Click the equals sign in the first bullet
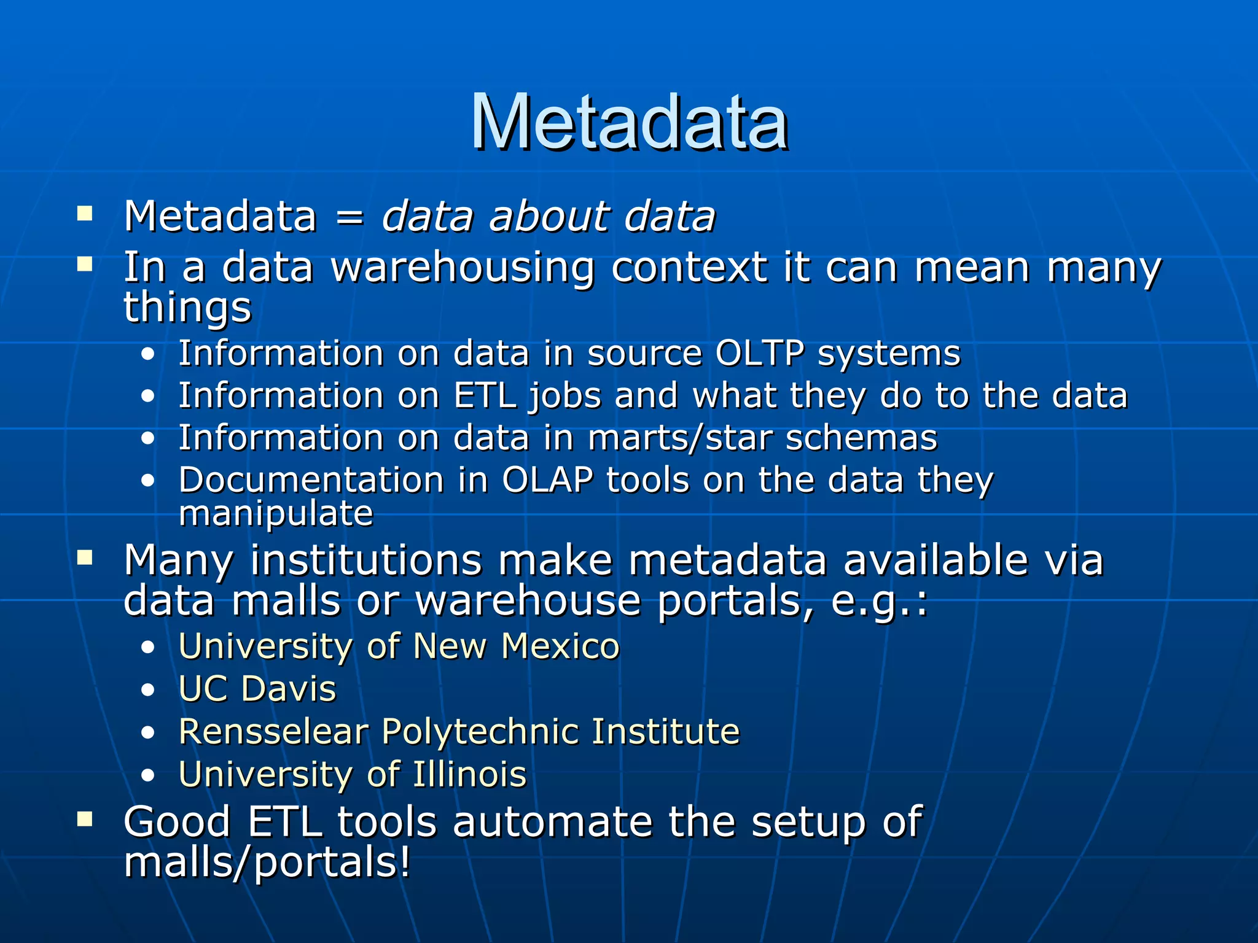(350, 217)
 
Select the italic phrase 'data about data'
(549, 216)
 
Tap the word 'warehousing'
(463, 268)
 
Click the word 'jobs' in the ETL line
(565, 396)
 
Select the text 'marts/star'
(679, 438)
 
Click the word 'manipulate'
(276, 513)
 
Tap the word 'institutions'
(366, 561)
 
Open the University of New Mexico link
(399, 646)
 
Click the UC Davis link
(257, 689)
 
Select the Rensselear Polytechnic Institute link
(459, 732)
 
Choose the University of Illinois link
(353, 774)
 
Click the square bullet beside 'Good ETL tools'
(85, 819)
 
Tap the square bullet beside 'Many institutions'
(85, 557)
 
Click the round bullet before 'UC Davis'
(147, 690)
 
